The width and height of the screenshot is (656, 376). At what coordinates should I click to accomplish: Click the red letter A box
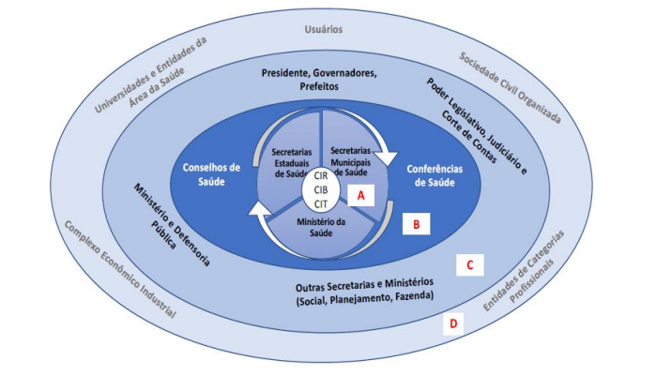point(362,194)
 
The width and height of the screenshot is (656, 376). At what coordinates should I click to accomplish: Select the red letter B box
point(415,225)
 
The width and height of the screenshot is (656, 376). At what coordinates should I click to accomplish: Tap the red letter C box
point(468,265)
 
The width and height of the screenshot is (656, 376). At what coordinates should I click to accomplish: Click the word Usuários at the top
point(327,29)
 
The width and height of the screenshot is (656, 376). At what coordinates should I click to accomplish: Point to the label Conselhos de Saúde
point(212,174)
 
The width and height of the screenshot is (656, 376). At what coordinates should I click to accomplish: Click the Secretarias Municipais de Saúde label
point(352,162)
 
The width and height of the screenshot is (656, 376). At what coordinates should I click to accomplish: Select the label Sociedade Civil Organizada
point(510,88)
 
